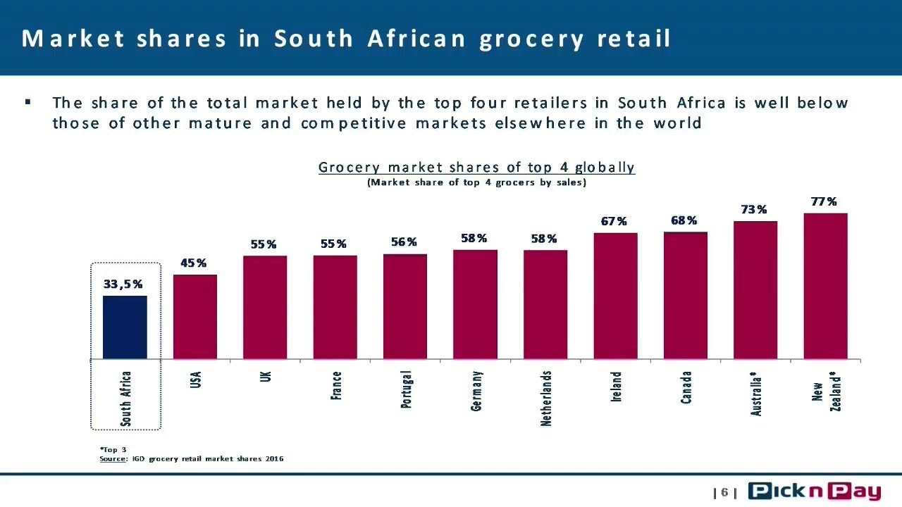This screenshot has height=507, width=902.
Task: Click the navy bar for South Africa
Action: pyautogui.click(x=125, y=327)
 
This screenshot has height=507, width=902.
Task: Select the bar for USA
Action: pyautogui.click(x=195, y=317)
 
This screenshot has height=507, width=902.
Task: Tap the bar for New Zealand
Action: pyautogui.click(x=825, y=286)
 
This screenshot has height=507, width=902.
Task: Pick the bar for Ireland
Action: pyautogui.click(x=615, y=296)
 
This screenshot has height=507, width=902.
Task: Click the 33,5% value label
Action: pyautogui.click(x=123, y=284)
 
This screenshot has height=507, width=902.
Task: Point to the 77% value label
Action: pyautogui.click(x=824, y=201)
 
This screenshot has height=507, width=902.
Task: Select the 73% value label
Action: pyautogui.click(x=754, y=209)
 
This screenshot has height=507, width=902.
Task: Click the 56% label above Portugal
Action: pyautogui.click(x=404, y=242)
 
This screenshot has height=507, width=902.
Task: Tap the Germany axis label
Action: pyautogui.click(x=476, y=391)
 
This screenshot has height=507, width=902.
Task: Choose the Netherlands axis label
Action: pyautogui.click(x=545, y=399)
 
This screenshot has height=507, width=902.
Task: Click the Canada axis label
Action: pyautogui.click(x=686, y=387)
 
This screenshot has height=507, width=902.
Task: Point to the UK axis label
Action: pyautogui.click(x=266, y=377)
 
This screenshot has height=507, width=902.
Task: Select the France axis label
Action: pyautogui.click(x=336, y=385)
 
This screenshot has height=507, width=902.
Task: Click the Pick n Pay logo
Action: pyautogui.click(x=814, y=492)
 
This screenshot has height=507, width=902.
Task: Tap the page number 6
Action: pyautogui.click(x=725, y=492)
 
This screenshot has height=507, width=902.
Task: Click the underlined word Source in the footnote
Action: pyautogui.click(x=113, y=458)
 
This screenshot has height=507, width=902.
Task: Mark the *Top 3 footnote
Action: pyautogui.click(x=113, y=449)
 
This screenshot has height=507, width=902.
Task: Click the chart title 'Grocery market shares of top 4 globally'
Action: pyautogui.click(x=477, y=168)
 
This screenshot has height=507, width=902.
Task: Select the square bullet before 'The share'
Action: pyautogui.click(x=27, y=102)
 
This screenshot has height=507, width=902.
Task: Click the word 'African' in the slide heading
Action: pyautogui.click(x=416, y=39)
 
